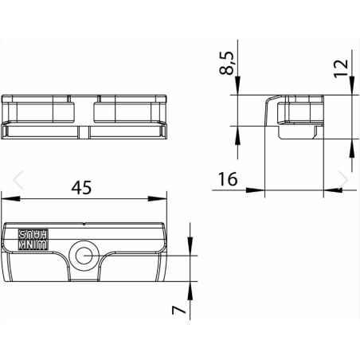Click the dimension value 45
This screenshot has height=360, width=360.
click(81, 187)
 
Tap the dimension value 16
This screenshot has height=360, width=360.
click(228, 179)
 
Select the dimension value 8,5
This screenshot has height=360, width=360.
click(227, 63)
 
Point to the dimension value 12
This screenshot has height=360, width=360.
click(341, 68)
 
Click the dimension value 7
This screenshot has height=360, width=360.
click(178, 310)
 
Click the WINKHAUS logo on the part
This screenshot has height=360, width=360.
click(33, 240)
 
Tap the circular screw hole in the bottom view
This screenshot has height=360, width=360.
click(84, 256)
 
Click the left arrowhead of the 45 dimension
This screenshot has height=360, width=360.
click(10, 198)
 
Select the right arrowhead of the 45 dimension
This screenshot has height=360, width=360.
click(157, 198)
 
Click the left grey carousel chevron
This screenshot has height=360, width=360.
click(18, 180)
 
